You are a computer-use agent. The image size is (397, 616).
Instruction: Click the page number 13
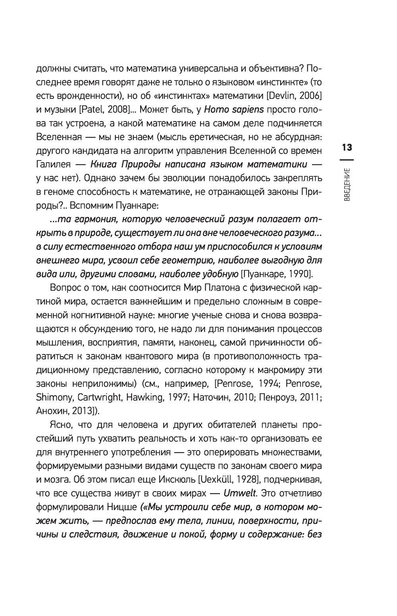(346, 148)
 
